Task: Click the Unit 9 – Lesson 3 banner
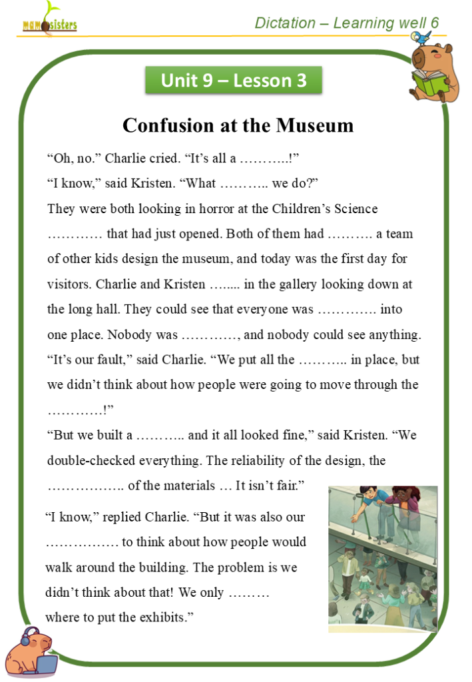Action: [234, 81]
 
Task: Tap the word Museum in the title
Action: [315, 125]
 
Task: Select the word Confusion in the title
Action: [165, 125]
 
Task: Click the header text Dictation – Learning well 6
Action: [347, 23]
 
